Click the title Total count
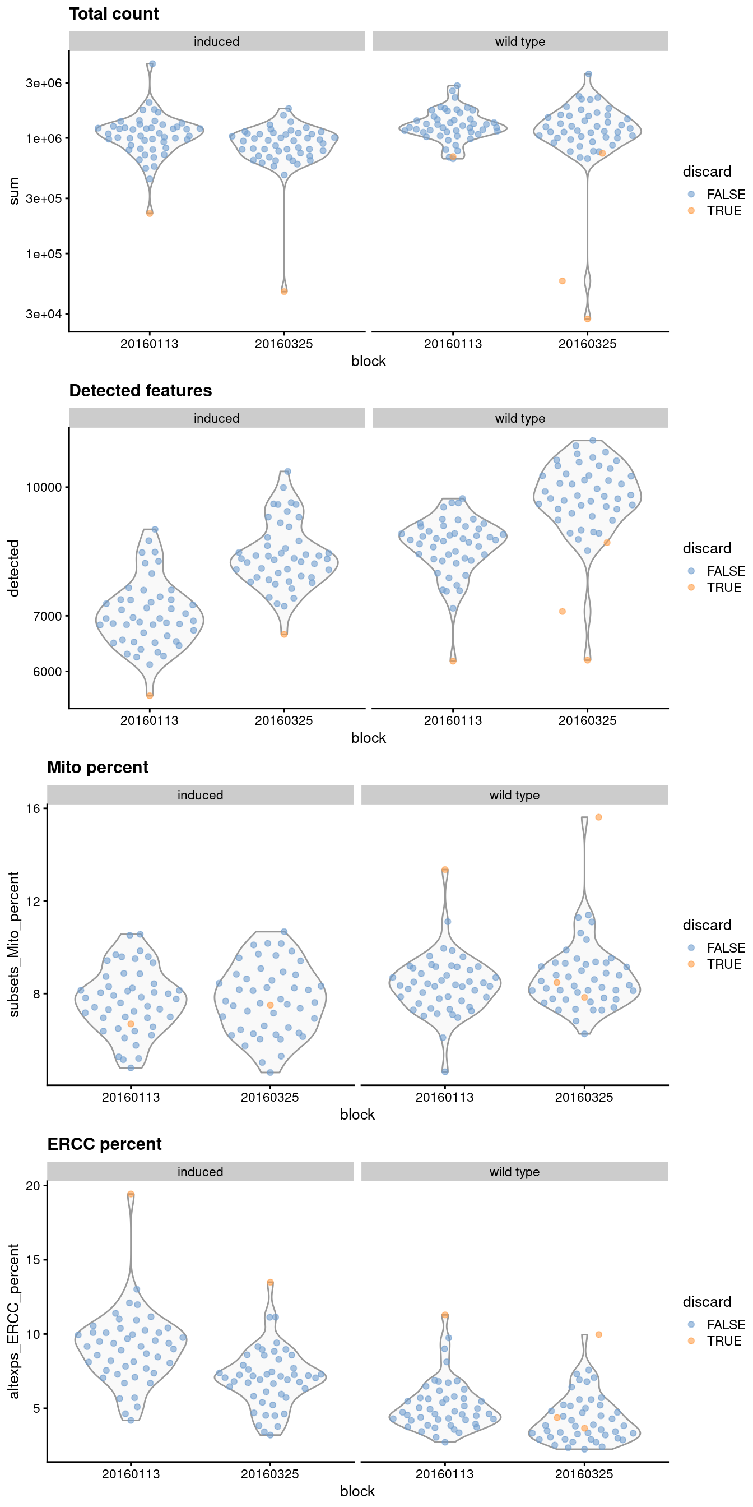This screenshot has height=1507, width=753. [113, 14]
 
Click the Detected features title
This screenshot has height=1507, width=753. [140, 391]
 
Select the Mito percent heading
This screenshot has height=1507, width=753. [97, 768]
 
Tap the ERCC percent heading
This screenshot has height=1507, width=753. [104, 1144]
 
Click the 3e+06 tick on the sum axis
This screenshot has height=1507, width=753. [44, 83]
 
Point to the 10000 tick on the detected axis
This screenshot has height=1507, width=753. [44, 487]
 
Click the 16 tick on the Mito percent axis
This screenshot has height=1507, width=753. [33, 808]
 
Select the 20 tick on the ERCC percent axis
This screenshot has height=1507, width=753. [33, 1185]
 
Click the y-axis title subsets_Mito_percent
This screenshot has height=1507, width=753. [14, 944]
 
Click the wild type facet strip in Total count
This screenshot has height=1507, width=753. [520, 41]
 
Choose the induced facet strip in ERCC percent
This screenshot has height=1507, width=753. [200, 1172]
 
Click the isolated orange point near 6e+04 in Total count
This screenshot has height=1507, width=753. [562, 281]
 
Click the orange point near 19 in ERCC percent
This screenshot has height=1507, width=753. [131, 1195]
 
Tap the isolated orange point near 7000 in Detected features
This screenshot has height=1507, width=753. [562, 611]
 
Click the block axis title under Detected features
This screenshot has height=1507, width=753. [368, 738]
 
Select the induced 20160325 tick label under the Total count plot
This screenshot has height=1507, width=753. [283, 344]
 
